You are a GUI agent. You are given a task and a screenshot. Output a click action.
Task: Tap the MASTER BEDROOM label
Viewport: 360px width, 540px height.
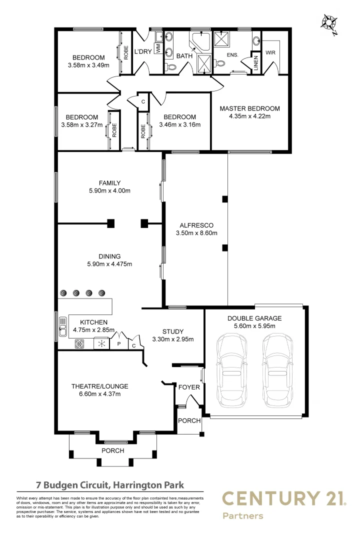tap(249, 108)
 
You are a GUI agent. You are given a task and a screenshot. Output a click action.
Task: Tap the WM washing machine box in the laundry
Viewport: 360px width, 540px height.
tap(158, 48)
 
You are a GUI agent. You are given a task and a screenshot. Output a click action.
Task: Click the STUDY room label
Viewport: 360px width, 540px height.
tap(172, 331)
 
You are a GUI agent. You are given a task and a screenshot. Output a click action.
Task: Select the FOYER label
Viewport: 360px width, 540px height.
tap(189, 387)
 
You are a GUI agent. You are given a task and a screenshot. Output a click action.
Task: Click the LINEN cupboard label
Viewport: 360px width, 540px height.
tap(255, 62)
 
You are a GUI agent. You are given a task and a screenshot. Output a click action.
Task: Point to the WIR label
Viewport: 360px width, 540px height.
tap(270, 52)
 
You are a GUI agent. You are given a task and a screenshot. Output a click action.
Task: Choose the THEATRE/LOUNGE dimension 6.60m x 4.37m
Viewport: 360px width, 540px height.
tap(99, 394)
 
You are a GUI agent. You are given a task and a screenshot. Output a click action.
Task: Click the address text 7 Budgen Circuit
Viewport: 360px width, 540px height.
tap(110, 484)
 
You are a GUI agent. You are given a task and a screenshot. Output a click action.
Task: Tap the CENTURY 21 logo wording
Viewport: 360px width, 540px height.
tap(283, 499)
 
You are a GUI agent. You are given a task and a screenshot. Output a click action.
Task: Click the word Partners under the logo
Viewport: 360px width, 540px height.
tap(242, 515)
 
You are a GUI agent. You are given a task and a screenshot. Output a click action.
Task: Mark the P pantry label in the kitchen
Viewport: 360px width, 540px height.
tap(119, 344)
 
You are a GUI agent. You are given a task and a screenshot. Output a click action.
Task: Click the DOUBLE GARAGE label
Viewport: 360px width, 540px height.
tap(254, 318)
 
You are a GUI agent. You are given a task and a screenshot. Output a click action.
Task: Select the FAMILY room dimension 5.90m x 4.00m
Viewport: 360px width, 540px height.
tap(109, 190)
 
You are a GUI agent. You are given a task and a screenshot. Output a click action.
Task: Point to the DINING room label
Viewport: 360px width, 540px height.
tap(109, 256)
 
